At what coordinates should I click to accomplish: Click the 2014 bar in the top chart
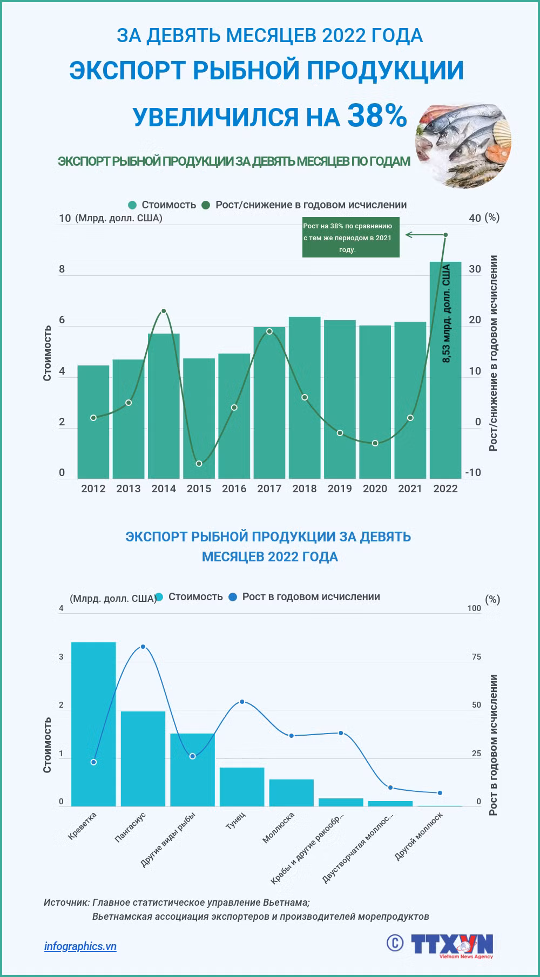tap(164, 406)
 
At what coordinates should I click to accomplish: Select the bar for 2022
tap(446, 370)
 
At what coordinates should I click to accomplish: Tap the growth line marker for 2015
tap(199, 464)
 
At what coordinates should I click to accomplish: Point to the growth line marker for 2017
tap(269, 331)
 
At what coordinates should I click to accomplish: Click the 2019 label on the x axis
tap(340, 489)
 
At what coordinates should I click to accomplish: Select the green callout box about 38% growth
tap(351, 238)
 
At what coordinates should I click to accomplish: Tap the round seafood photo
tap(464, 142)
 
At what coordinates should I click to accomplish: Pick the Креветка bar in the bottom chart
tap(93, 724)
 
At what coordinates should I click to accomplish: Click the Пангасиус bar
tap(143, 759)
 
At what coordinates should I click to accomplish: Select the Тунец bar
tap(242, 787)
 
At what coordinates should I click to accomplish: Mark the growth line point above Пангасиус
tap(143, 647)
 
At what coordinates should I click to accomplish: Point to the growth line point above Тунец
tap(242, 702)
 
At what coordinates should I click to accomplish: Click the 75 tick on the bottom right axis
tap(476, 657)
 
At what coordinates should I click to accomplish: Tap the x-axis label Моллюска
tap(279, 826)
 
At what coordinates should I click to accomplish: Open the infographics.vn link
tap(80, 946)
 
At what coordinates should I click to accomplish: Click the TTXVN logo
tap(453, 945)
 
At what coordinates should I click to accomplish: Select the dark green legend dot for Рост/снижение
tap(206, 205)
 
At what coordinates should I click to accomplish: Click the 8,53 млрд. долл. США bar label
tap(446, 314)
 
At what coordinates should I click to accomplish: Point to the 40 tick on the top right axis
tap(475, 218)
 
